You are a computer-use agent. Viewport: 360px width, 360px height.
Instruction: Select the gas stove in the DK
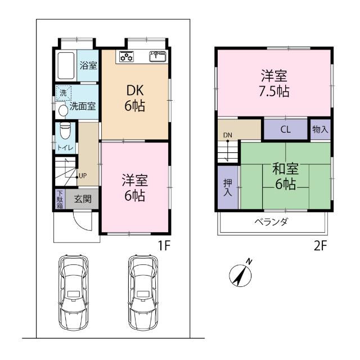[x=126, y=56]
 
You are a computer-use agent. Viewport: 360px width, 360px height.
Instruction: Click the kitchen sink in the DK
[x=157, y=56]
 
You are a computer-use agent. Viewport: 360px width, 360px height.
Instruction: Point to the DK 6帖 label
[x=135, y=97]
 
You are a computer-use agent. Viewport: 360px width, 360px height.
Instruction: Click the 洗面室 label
[x=82, y=105]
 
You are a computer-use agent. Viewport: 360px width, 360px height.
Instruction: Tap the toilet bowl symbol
[x=65, y=130]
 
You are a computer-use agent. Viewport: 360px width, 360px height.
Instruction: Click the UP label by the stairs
[x=83, y=175]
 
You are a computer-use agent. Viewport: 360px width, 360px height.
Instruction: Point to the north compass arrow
[x=242, y=274]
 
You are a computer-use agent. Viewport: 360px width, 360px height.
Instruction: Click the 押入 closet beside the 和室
[x=227, y=188]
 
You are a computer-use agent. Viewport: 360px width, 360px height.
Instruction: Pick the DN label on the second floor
[x=227, y=135]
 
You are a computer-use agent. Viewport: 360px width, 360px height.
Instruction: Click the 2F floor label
[x=321, y=246]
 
